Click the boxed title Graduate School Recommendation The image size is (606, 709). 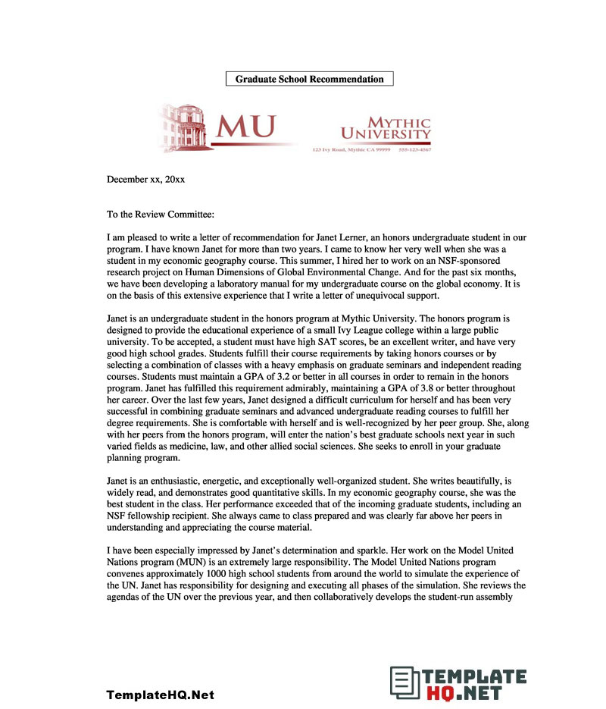[309, 79]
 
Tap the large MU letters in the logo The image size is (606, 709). [245, 127]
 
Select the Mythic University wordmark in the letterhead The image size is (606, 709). [386, 129]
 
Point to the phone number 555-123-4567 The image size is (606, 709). [415, 150]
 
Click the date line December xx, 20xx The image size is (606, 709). [145, 180]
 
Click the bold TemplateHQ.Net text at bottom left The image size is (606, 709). [160, 695]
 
